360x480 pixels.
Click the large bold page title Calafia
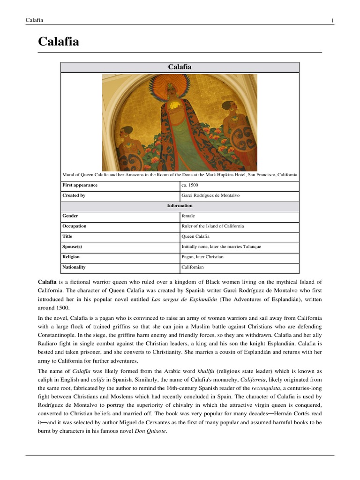(58, 42)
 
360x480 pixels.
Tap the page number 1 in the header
(332, 20)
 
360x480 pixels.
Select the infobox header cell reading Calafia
(180, 67)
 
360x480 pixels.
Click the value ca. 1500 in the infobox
(189, 185)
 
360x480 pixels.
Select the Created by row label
(74, 195)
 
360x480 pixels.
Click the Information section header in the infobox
(180, 206)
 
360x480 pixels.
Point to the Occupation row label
(75, 226)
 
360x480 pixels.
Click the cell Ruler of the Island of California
(213, 226)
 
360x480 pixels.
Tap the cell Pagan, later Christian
(202, 257)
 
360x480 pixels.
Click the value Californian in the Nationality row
(193, 267)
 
